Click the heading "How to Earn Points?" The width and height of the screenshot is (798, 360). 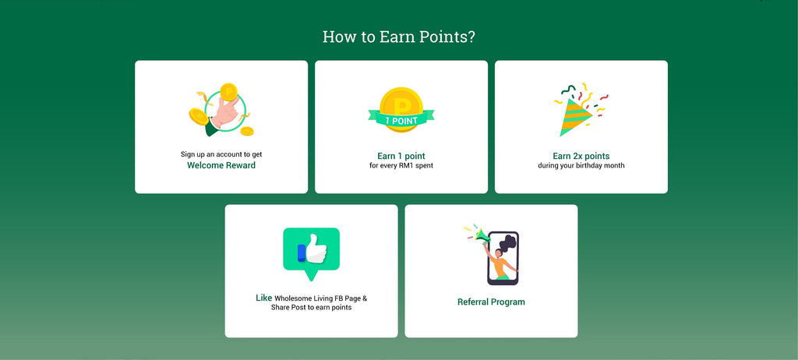tap(398, 37)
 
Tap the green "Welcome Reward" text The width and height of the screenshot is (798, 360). tap(221, 165)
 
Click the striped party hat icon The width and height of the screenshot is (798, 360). tap(574, 117)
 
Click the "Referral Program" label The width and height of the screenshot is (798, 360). tap(491, 302)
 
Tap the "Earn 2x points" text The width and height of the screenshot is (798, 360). tap(581, 157)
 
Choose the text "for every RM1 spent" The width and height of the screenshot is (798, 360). tap(401, 165)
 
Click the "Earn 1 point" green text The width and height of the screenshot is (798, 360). tap(401, 157)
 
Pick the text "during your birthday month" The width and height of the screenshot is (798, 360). tap(581, 165)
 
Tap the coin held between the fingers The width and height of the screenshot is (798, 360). tap(228, 92)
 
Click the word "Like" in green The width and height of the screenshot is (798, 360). tap(263, 298)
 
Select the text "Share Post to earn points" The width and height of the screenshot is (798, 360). tap(311, 308)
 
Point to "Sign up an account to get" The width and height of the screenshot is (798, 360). tap(221, 154)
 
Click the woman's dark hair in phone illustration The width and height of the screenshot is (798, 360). tap(507, 243)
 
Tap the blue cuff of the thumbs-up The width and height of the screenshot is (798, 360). tap(302, 253)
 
